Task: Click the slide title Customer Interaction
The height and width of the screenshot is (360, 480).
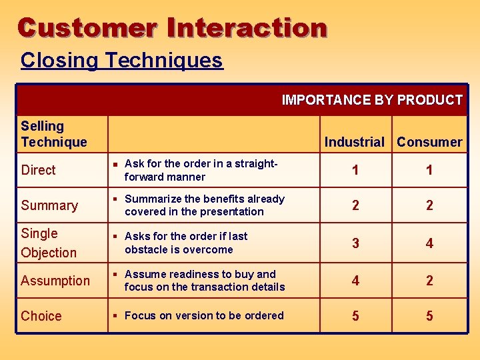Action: click(172, 28)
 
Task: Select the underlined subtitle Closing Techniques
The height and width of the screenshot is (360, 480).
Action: click(121, 60)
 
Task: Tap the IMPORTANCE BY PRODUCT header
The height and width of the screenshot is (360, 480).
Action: click(372, 100)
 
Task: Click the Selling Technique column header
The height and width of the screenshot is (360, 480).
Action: click(54, 133)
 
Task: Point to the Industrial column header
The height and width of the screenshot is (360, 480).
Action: click(355, 141)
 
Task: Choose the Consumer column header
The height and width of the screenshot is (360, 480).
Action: click(429, 141)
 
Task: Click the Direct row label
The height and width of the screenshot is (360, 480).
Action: click(39, 170)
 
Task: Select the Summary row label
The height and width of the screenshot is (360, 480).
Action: click(49, 205)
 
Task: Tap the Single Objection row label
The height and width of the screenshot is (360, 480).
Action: click(49, 243)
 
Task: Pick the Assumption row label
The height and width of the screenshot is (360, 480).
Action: click(55, 281)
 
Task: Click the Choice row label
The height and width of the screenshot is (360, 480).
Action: click(41, 316)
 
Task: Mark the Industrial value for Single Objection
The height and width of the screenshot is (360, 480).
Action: click(355, 243)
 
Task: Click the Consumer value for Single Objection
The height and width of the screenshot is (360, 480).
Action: click(429, 243)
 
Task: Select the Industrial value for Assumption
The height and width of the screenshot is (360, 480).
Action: click(355, 281)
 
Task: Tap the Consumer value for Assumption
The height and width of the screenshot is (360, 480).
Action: click(429, 281)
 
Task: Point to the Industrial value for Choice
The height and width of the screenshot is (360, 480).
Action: click(355, 316)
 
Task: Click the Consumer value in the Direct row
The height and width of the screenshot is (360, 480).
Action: click(429, 170)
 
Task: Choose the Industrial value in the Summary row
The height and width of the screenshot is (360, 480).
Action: click(355, 205)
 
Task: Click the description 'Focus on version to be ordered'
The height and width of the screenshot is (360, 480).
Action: click(204, 315)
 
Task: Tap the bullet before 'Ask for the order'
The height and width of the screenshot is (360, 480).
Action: click(115, 164)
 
